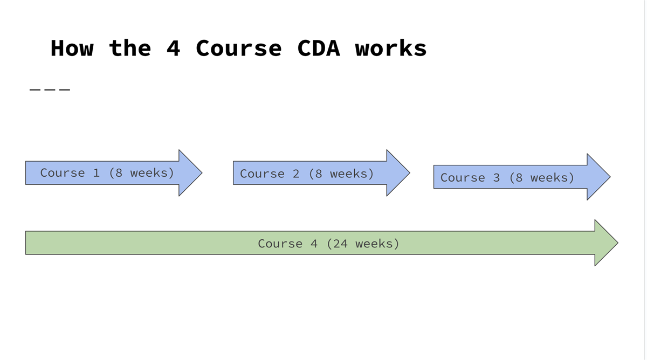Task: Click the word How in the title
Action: pyautogui.click(x=72, y=48)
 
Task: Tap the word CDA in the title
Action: pyautogui.click(x=319, y=48)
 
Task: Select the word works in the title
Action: pyautogui.click(x=391, y=48)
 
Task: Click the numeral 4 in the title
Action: pyautogui.click(x=173, y=48)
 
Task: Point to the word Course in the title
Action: pyautogui.click(x=238, y=48)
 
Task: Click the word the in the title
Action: pyautogui.click(x=130, y=48)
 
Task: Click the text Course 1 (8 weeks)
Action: pyautogui.click(x=107, y=173)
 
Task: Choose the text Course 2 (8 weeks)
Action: pyautogui.click(x=307, y=174)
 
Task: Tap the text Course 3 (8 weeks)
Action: pyautogui.click(x=507, y=177)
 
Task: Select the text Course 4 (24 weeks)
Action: pyautogui.click(x=328, y=244)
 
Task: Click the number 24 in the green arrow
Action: pyautogui.click(x=341, y=244)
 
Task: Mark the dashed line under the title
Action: pyautogui.click(x=50, y=89)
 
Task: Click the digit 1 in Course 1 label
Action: pyautogui.click(x=96, y=173)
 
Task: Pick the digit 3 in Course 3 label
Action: pyautogui.click(x=496, y=177)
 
